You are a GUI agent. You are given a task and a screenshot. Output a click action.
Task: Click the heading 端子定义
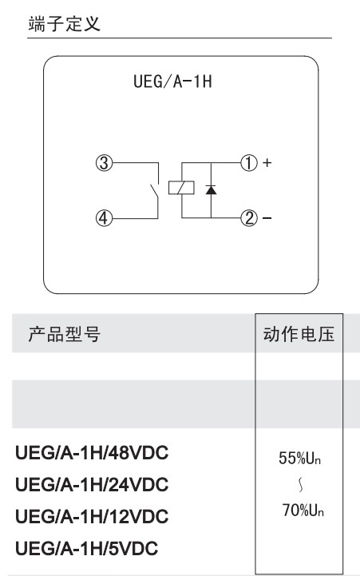click(64, 24)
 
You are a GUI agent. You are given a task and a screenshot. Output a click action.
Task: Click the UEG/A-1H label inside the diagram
click(172, 81)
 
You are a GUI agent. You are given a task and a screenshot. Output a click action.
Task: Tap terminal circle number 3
click(104, 163)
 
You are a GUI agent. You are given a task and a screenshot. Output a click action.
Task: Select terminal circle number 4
click(104, 218)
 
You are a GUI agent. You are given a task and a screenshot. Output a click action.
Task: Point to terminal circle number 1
click(249, 163)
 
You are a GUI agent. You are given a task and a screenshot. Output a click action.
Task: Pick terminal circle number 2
click(249, 218)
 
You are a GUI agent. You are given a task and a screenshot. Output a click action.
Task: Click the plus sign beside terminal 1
click(267, 162)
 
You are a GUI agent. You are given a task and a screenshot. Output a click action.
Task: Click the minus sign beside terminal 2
click(267, 218)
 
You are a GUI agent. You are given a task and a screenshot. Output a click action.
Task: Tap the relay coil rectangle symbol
click(181, 188)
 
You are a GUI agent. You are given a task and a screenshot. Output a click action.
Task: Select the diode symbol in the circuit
click(211, 189)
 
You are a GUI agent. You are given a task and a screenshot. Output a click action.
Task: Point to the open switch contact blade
click(154, 192)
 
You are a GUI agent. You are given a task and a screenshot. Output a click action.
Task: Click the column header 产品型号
click(64, 334)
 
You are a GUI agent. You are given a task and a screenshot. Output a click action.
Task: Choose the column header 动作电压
click(299, 334)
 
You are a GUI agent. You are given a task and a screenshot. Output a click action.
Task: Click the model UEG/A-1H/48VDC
click(92, 452)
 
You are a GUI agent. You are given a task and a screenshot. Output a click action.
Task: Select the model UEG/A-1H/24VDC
click(92, 485)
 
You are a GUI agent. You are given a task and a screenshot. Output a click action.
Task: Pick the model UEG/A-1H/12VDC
click(92, 517)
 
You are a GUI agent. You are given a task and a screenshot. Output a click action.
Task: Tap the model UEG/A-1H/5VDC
click(86, 549)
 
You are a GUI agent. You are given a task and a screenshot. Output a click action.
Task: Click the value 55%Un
click(299, 458)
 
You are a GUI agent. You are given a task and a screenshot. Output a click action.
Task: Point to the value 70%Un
click(303, 510)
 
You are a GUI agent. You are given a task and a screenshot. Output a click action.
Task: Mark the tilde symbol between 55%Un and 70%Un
click(301, 485)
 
